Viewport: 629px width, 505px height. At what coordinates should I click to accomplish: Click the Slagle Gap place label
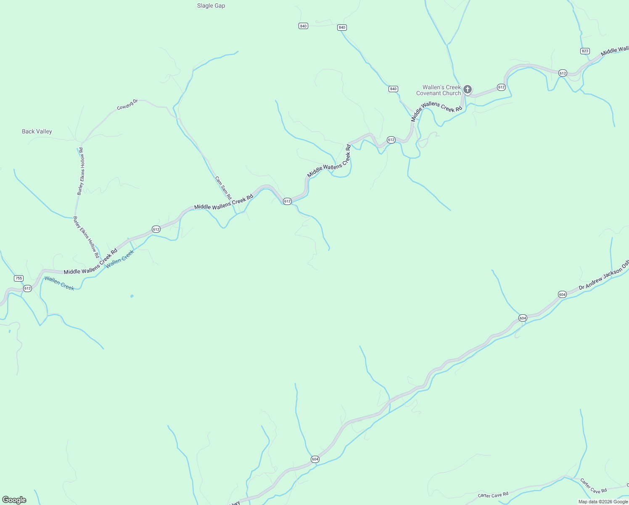coord(211,6)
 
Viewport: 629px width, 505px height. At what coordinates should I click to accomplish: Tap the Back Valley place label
coord(37,132)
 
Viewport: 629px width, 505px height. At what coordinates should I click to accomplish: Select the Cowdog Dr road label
coord(127,105)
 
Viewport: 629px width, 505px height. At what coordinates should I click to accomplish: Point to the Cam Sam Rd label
coord(223,188)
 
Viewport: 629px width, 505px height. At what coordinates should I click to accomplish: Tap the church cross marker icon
coord(467,89)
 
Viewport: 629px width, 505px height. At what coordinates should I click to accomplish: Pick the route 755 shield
coord(18,278)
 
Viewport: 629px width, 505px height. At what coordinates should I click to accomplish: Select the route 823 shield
coord(585,51)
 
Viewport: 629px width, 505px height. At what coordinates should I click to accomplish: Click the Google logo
coord(14,500)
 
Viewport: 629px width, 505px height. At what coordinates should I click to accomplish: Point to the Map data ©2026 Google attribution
coord(603,502)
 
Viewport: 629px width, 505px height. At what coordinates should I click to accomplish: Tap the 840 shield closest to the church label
coord(393,89)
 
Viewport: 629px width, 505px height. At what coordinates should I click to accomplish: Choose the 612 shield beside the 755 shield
coord(27,288)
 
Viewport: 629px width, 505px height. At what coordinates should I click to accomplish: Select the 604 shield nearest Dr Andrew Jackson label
coord(562,295)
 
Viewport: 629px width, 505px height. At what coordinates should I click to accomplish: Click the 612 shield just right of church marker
coord(501,87)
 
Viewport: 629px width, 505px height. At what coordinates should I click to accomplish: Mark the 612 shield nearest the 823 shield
coord(563,73)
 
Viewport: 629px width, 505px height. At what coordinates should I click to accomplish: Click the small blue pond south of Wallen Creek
coord(132,296)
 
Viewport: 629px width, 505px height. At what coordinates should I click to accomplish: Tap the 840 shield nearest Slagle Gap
coord(303,26)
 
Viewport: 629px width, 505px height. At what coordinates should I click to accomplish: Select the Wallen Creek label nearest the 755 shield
coord(59,283)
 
